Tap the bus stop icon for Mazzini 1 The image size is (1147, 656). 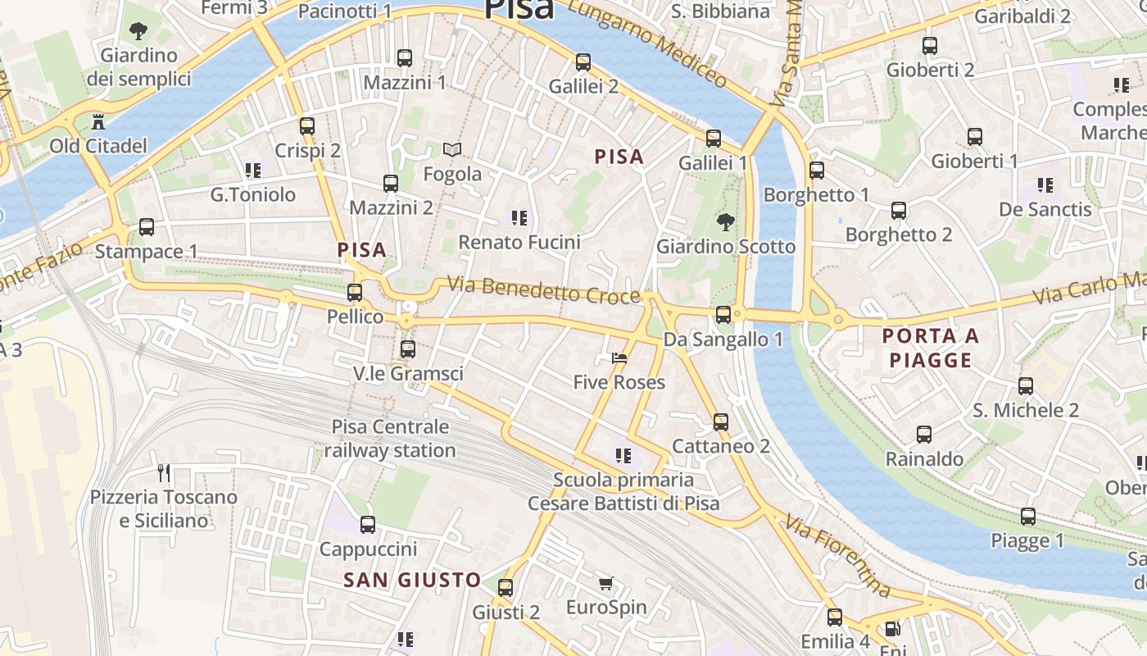(405, 58)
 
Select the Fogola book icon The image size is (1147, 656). (452, 149)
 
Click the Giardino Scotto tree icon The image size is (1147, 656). (725, 221)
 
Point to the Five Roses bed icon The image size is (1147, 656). (619, 358)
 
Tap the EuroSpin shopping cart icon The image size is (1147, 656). (605, 584)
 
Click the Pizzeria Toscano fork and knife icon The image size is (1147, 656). (164, 472)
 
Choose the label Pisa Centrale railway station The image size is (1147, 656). (391, 439)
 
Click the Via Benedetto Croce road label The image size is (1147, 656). (543, 290)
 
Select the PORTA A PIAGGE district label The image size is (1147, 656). (931, 348)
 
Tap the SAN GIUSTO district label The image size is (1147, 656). (412, 580)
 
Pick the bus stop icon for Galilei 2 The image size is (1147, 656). (583, 62)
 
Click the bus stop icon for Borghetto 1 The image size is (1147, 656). (817, 171)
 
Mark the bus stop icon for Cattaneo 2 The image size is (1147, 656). (721, 422)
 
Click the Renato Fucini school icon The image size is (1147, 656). (519, 218)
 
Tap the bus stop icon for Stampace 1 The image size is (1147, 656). (147, 227)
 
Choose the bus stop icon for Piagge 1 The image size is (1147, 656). (1028, 517)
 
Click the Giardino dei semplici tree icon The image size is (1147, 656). (138, 31)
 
